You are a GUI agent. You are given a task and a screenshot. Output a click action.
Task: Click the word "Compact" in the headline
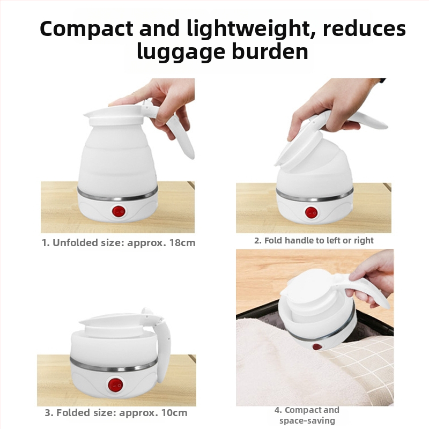click(87, 29)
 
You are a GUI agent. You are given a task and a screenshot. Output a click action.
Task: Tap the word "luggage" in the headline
click(181, 51)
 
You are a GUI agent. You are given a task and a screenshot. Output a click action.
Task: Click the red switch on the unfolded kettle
click(119, 212)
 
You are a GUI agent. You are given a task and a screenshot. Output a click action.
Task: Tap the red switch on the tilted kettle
click(312, 212)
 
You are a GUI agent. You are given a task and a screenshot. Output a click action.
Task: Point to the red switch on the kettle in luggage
click(317, 346)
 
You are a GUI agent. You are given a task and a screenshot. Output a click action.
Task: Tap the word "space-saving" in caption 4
click(307, 420)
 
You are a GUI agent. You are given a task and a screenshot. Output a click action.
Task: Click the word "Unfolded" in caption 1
click(75, 243)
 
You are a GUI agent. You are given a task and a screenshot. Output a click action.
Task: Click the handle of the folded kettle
click(164, 345)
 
